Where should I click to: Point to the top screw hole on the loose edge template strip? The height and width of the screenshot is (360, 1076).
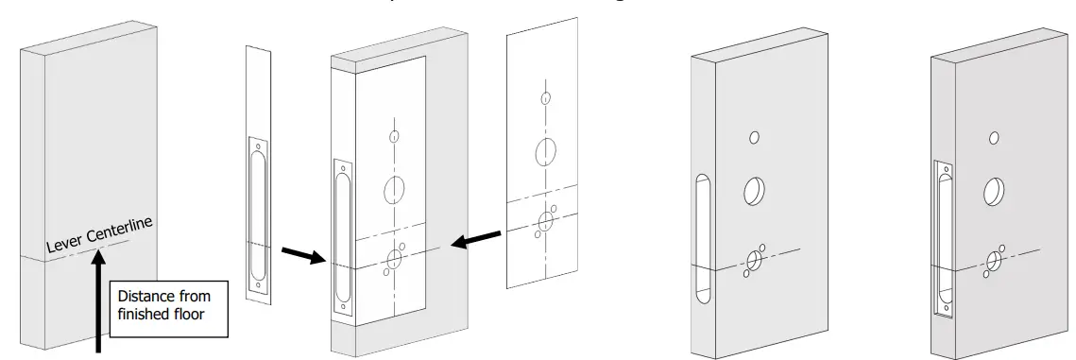pos(258,145)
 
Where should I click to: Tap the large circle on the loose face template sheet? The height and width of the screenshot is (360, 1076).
pos(544,151)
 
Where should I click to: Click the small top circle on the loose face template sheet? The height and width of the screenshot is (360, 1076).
pos(544,97)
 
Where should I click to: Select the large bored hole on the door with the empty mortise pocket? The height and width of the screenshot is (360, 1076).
pos(756,192)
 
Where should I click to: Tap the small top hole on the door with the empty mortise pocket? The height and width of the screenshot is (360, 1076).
pos(754,138)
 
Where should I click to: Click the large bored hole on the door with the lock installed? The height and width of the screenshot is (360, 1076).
pos(995,192)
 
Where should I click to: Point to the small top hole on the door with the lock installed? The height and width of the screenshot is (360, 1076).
pos(994,138)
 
